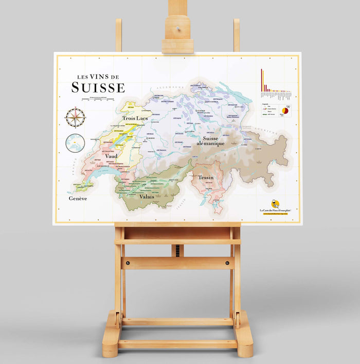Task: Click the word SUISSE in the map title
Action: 98,87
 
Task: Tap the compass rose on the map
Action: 75,117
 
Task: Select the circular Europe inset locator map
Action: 75,142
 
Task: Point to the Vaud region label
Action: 111,156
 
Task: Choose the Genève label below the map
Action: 78,198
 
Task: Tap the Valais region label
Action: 147,196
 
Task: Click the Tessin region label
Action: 206,177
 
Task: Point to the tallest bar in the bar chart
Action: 261,80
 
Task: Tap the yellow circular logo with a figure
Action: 276,204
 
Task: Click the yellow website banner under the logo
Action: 276,214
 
